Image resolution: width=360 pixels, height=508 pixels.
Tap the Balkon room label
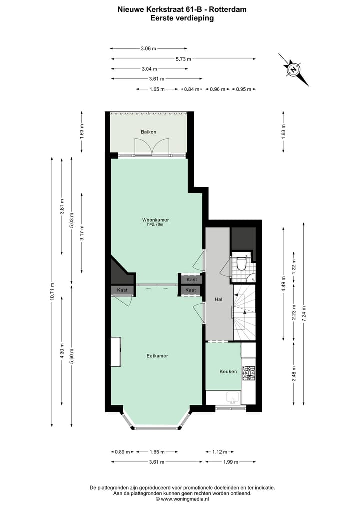coord(148,132)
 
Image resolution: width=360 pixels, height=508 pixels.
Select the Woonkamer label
coord(154,219)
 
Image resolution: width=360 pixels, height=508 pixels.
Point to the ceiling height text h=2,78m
coord(154,225)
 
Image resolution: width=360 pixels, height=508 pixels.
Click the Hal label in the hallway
coord(218,299)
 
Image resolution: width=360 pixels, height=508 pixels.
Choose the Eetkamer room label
coord(157,356)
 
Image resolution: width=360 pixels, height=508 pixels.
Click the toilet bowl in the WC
coord(241,264)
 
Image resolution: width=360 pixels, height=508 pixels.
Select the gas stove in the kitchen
coord(248,372)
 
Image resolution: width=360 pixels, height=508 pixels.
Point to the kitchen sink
coord(232,398)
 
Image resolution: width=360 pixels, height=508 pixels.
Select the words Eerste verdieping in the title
coord(182,18)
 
